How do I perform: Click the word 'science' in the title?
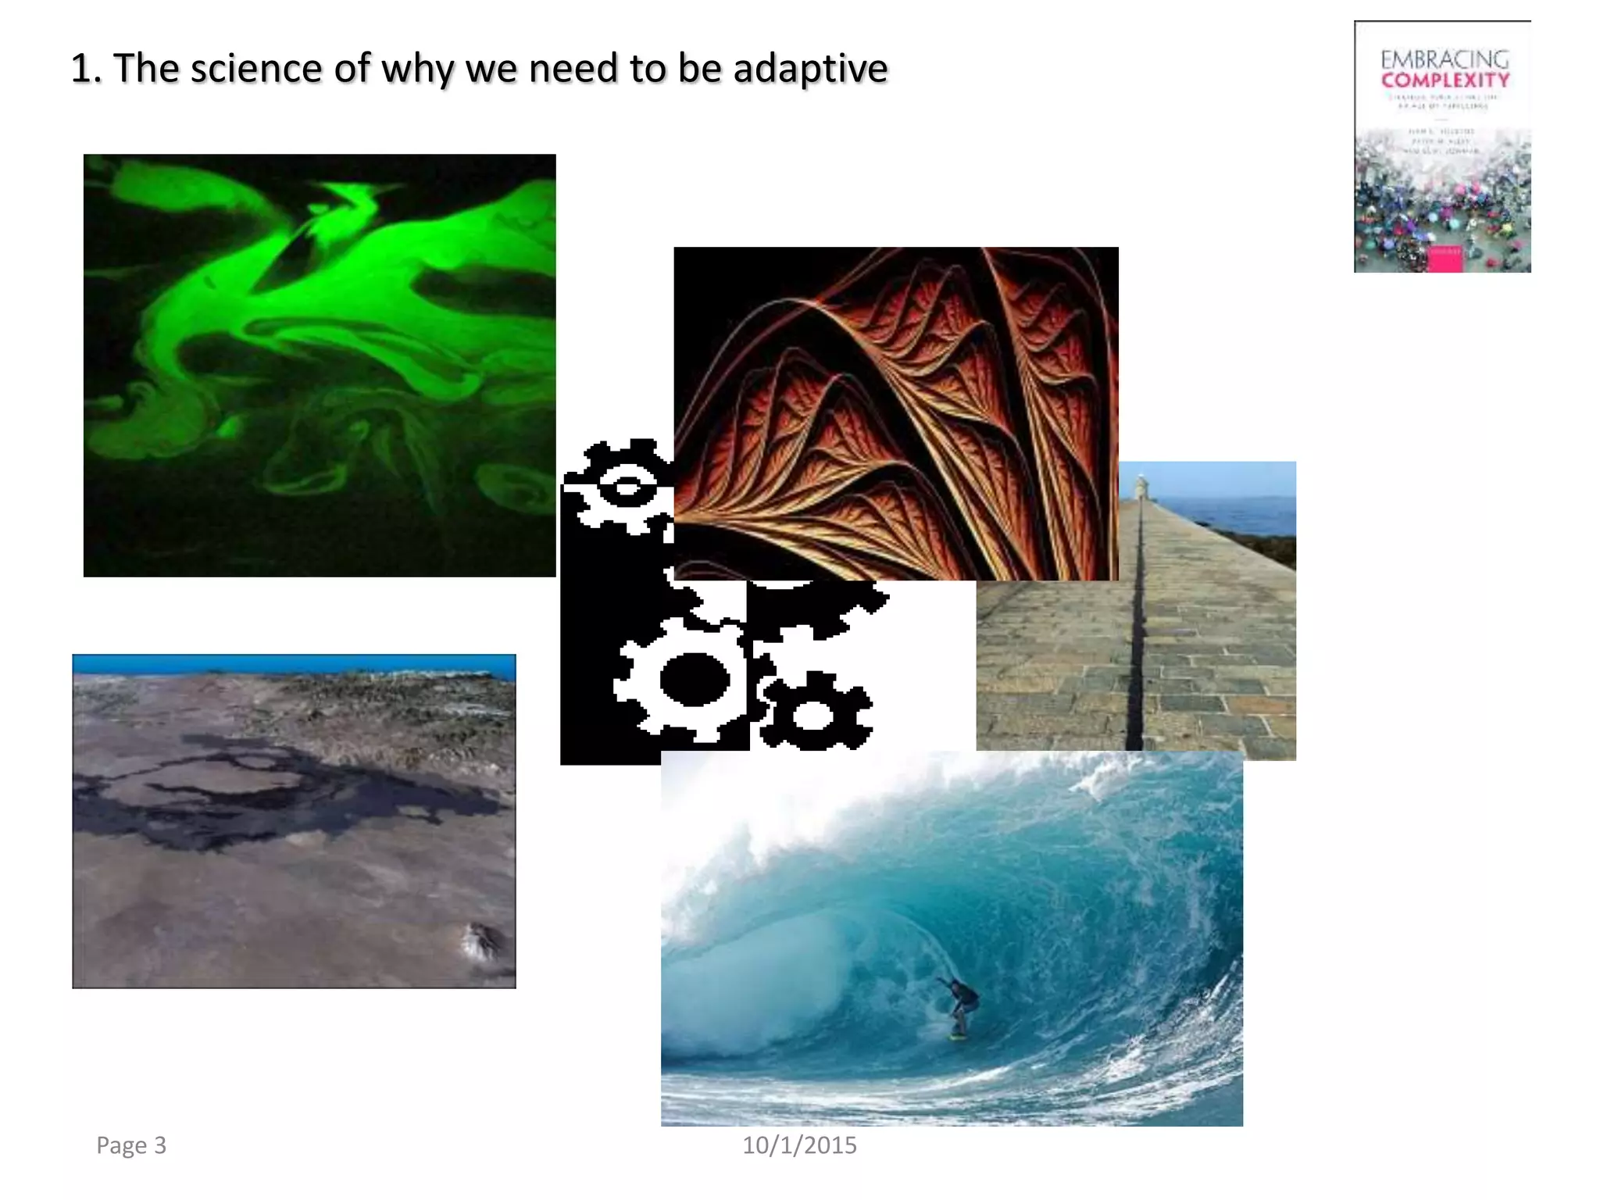click(256, 68)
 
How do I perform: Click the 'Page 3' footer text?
click(131, 1145)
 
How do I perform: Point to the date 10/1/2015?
click(799, 1145)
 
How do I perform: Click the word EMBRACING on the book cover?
click(1445, 59)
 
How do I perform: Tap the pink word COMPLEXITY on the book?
click(1445, 80)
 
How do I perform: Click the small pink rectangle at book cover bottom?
click(1445, 260)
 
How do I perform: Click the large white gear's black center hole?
click(694, 678)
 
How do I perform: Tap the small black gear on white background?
click(815, 713)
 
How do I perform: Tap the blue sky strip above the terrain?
click(294, 664)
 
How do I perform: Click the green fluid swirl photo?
click(320, 365)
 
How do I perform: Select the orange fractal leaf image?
click(895, 413)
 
